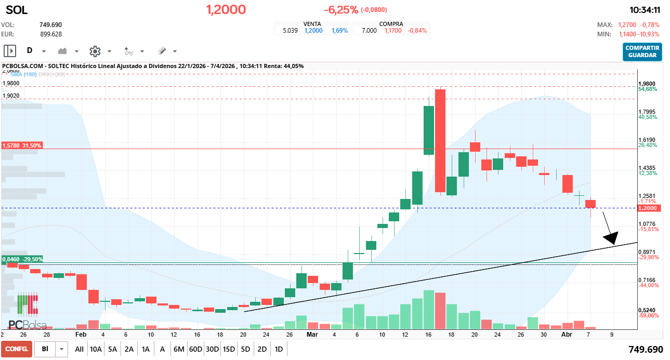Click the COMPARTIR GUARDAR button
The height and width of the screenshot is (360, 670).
[x=642, y=51]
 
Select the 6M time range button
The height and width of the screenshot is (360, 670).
[x=179, y=349]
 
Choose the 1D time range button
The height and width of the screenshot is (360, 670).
[x=279, y=349]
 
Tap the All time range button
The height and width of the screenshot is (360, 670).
[x=79, y=349]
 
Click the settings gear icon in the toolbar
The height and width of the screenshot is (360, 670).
[x=95, y=51]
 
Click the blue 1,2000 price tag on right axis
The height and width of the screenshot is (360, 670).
[x=650, y=208]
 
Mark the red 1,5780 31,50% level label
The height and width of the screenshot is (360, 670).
[x=22, y=146]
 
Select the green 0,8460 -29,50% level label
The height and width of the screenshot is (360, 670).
[x=22, y=259]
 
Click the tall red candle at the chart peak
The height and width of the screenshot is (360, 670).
[x=440, y=140]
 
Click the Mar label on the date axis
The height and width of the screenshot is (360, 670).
[x=312, y=335]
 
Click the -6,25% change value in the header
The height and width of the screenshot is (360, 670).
[x=341, y=10]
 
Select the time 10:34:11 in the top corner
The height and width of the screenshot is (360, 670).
[x=645, y=10]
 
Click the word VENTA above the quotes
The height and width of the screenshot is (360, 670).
[x=312, y=24]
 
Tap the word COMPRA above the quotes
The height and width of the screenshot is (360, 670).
[x=391, y=24]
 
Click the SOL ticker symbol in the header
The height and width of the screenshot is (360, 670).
[x=17, y=10]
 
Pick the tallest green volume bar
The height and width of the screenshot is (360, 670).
[x=429, y=310]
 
